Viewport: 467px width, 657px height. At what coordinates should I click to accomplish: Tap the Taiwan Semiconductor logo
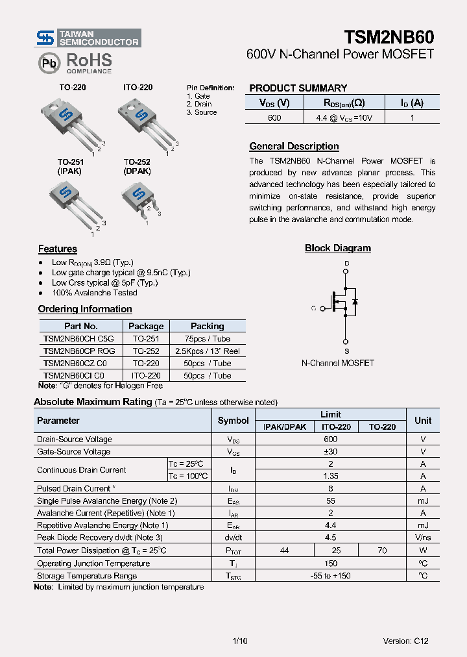88,38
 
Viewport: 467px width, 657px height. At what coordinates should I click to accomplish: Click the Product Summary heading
298,88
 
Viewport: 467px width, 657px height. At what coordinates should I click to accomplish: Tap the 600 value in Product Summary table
274,118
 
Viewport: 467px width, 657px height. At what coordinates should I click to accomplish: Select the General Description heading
294,147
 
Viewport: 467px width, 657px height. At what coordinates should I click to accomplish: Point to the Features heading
57,249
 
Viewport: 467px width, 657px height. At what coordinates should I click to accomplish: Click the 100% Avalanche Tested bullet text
95,293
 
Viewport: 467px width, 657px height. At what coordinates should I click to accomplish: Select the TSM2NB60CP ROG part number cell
79,351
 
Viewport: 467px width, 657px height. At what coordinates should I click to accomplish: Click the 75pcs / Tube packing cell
208,339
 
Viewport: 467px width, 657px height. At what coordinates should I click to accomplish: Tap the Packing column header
208,327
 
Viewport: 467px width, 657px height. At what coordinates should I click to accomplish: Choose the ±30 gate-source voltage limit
330,452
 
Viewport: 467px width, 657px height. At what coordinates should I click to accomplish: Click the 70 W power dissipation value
382,551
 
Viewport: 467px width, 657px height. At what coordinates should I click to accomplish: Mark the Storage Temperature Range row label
87,576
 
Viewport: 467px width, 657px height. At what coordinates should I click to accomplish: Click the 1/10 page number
239,641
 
